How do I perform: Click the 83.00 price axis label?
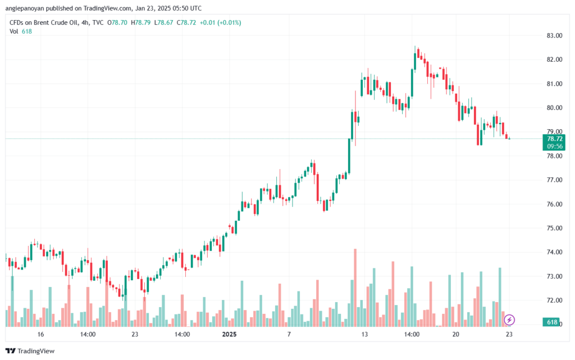555,35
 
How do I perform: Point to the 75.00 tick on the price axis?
555,228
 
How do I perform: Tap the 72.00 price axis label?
555,300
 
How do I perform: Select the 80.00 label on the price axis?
555,108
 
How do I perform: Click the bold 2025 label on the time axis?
230,334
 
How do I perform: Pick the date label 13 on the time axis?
364,334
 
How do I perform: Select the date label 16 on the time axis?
40,334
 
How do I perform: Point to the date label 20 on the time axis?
455,334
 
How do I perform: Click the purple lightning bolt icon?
509,320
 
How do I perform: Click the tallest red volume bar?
355,286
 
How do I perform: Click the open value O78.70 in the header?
119,22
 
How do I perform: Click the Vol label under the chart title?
15,31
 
